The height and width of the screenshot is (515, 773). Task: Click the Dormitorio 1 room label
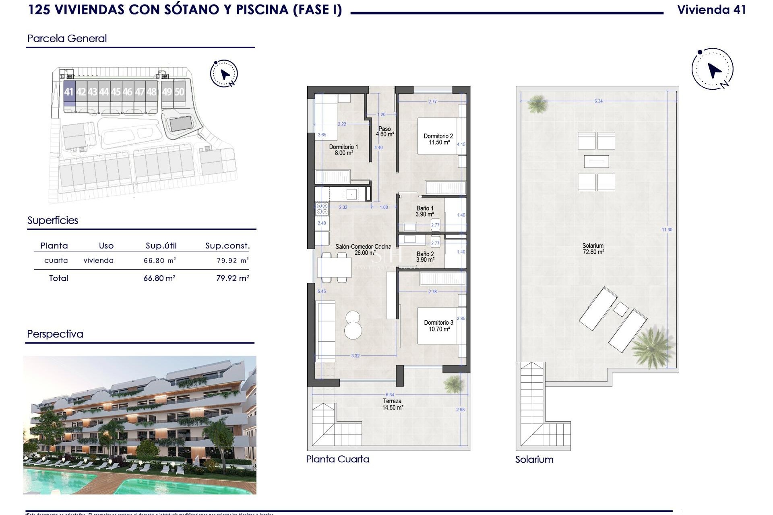coord(343,150)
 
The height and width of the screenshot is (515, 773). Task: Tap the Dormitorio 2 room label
coord(438,139)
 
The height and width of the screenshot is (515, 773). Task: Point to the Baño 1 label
coord(425,211)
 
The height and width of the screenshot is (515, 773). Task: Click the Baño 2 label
coord(425,257)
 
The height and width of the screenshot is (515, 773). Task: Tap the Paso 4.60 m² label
coord(384,132)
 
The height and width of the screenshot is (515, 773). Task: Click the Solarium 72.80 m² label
coord(593,249)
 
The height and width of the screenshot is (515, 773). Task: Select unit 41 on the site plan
coord(69,92)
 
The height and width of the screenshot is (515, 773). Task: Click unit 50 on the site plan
coord(179,92)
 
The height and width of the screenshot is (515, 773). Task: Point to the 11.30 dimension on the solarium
coord(667,230)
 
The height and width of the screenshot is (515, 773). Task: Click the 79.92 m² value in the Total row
coord(232,278)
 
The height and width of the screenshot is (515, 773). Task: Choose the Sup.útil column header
coord(161,246)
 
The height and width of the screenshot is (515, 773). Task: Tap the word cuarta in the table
coord(56,261)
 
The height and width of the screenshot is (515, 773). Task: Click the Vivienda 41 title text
coord(711,10)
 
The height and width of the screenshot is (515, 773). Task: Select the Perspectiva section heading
coord(55,334)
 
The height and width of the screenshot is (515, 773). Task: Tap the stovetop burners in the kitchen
coord(322,209)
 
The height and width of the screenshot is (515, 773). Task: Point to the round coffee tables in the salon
coord(353,325)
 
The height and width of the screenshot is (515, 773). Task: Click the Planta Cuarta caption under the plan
coord(337,459)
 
